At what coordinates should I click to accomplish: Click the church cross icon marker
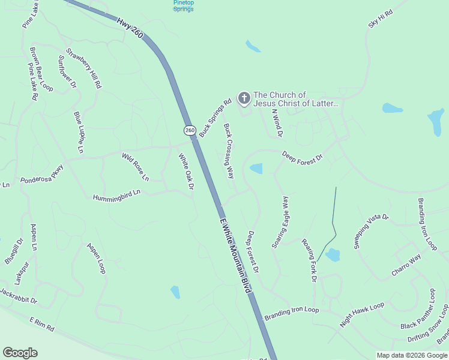pos(244,97)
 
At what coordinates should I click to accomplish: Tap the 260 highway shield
pos(190,130)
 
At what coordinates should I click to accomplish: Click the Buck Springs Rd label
pos(215,118)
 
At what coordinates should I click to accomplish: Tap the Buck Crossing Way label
pos(229,151)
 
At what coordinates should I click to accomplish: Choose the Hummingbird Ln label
pos(116,194)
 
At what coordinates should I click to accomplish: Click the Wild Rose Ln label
pos(135,167)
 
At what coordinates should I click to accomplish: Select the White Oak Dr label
pos(187,172)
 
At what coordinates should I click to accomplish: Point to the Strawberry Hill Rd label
pos(84,68)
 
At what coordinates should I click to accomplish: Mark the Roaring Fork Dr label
pos(309,260)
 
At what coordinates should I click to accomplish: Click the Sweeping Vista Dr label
pos(371,232)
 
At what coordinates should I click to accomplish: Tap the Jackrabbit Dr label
pos(18,296)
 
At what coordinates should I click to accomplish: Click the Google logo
pos(20,352)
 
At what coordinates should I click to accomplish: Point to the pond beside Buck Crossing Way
pos(256,169)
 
